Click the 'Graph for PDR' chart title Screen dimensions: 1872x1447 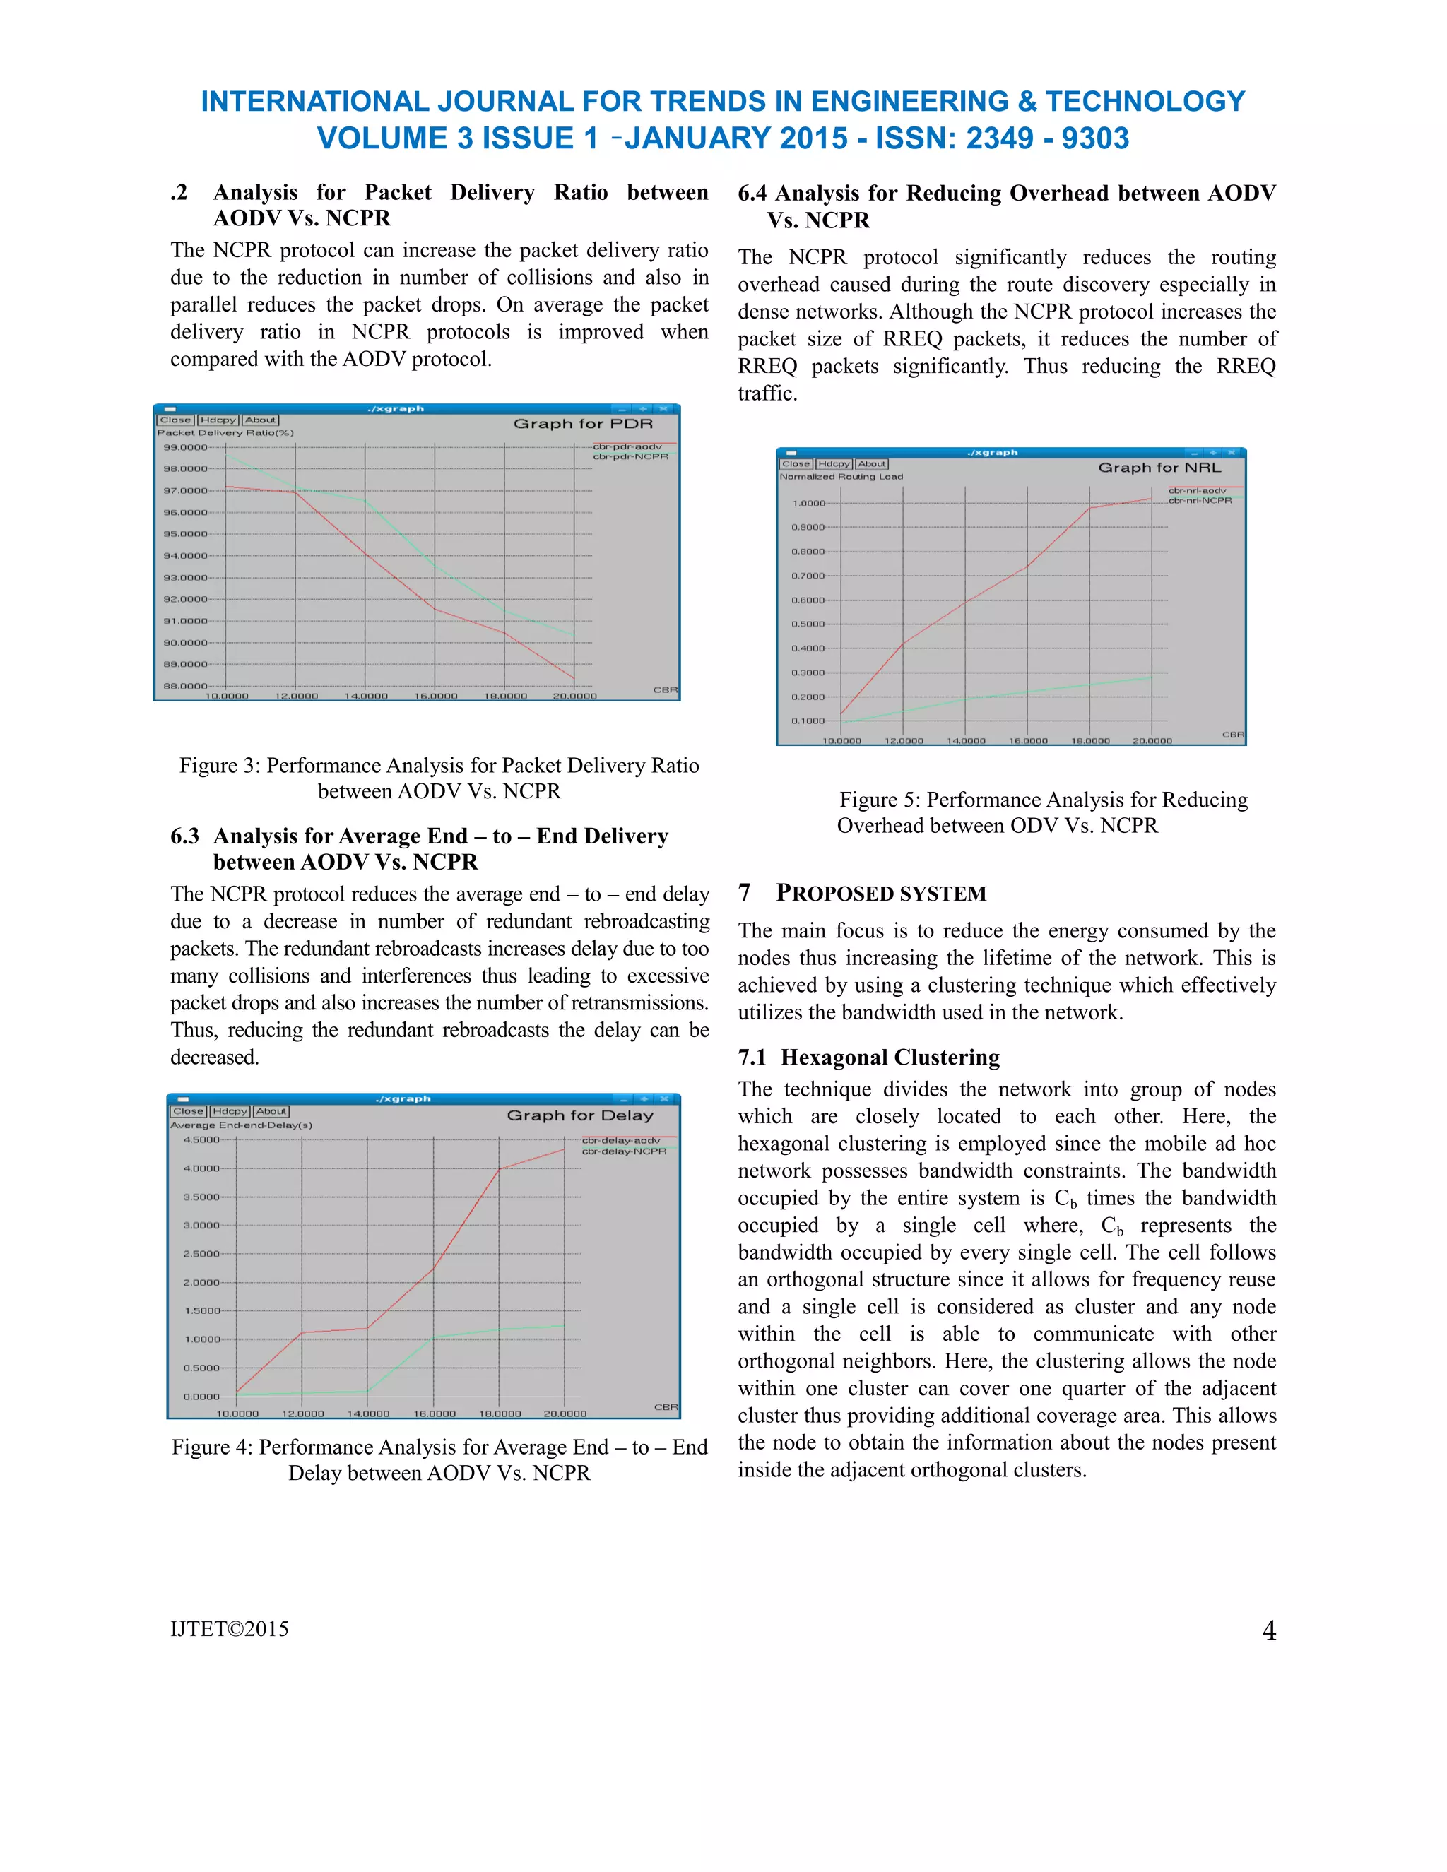(x=583, y=423)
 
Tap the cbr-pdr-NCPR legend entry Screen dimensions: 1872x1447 (x=630, y=457)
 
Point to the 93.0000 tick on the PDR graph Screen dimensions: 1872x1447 (x=185, y=578)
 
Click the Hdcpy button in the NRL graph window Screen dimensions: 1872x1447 (x=833, y=463)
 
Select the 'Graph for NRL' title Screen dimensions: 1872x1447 (x=1159, y=467)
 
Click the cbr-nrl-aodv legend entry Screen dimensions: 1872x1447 (x=1197, y=490)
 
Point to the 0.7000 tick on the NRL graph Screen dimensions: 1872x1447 (x=808, y=576)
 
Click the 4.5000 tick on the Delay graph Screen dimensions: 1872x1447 (x=201, y=1140)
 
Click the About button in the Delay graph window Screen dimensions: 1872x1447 (x=271, y=1111)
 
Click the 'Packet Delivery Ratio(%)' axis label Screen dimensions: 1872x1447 (x=225, y=433)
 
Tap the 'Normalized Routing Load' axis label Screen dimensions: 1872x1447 (x=841, y=477)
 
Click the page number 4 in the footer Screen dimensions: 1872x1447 (x=1269, y=1630)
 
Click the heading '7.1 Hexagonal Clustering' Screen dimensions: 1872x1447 (x=868, y=1057)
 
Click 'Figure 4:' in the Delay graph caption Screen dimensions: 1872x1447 (x=212, y=1447)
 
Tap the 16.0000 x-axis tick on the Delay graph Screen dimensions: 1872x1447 (x=435, y=1414)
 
